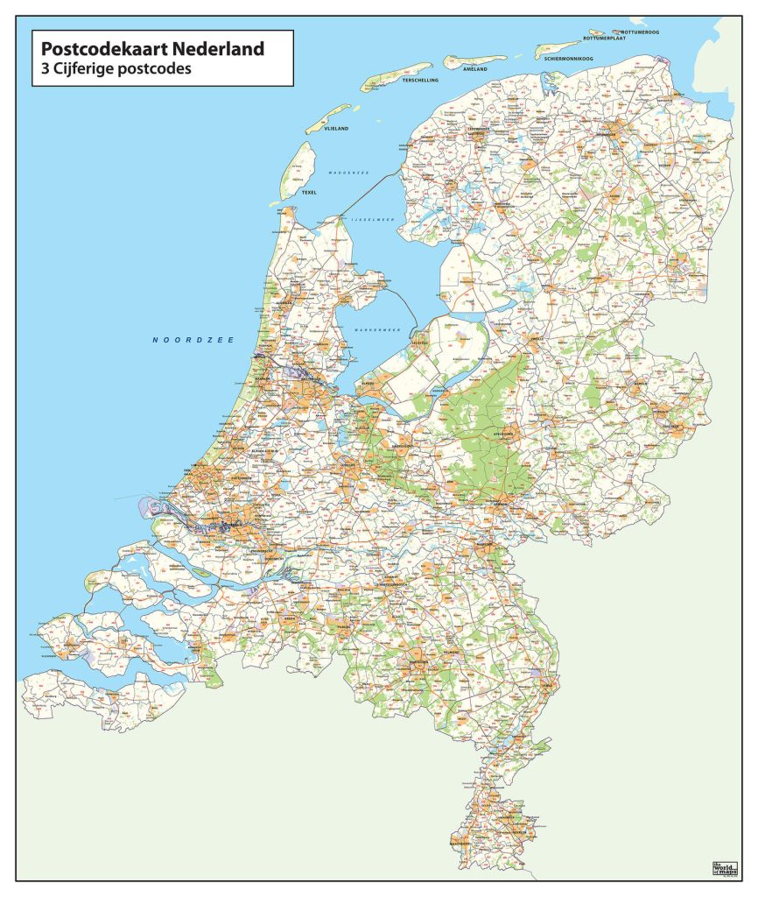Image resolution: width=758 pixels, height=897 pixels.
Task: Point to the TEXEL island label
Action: pyautogui.click(x=309, y=191)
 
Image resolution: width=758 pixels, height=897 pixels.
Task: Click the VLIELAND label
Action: pyautogui.click(x=336, y=129)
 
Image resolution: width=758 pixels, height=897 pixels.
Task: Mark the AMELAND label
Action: pyautogui.click(x=474, y=67)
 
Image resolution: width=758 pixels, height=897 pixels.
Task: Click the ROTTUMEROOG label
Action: pyautogui.click(x=640, y=32)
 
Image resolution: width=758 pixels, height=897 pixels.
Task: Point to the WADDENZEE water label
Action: pyautogui.click(x=349, y=173)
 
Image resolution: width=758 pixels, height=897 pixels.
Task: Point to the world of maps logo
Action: pyautogui.click(x=725, y=867)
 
